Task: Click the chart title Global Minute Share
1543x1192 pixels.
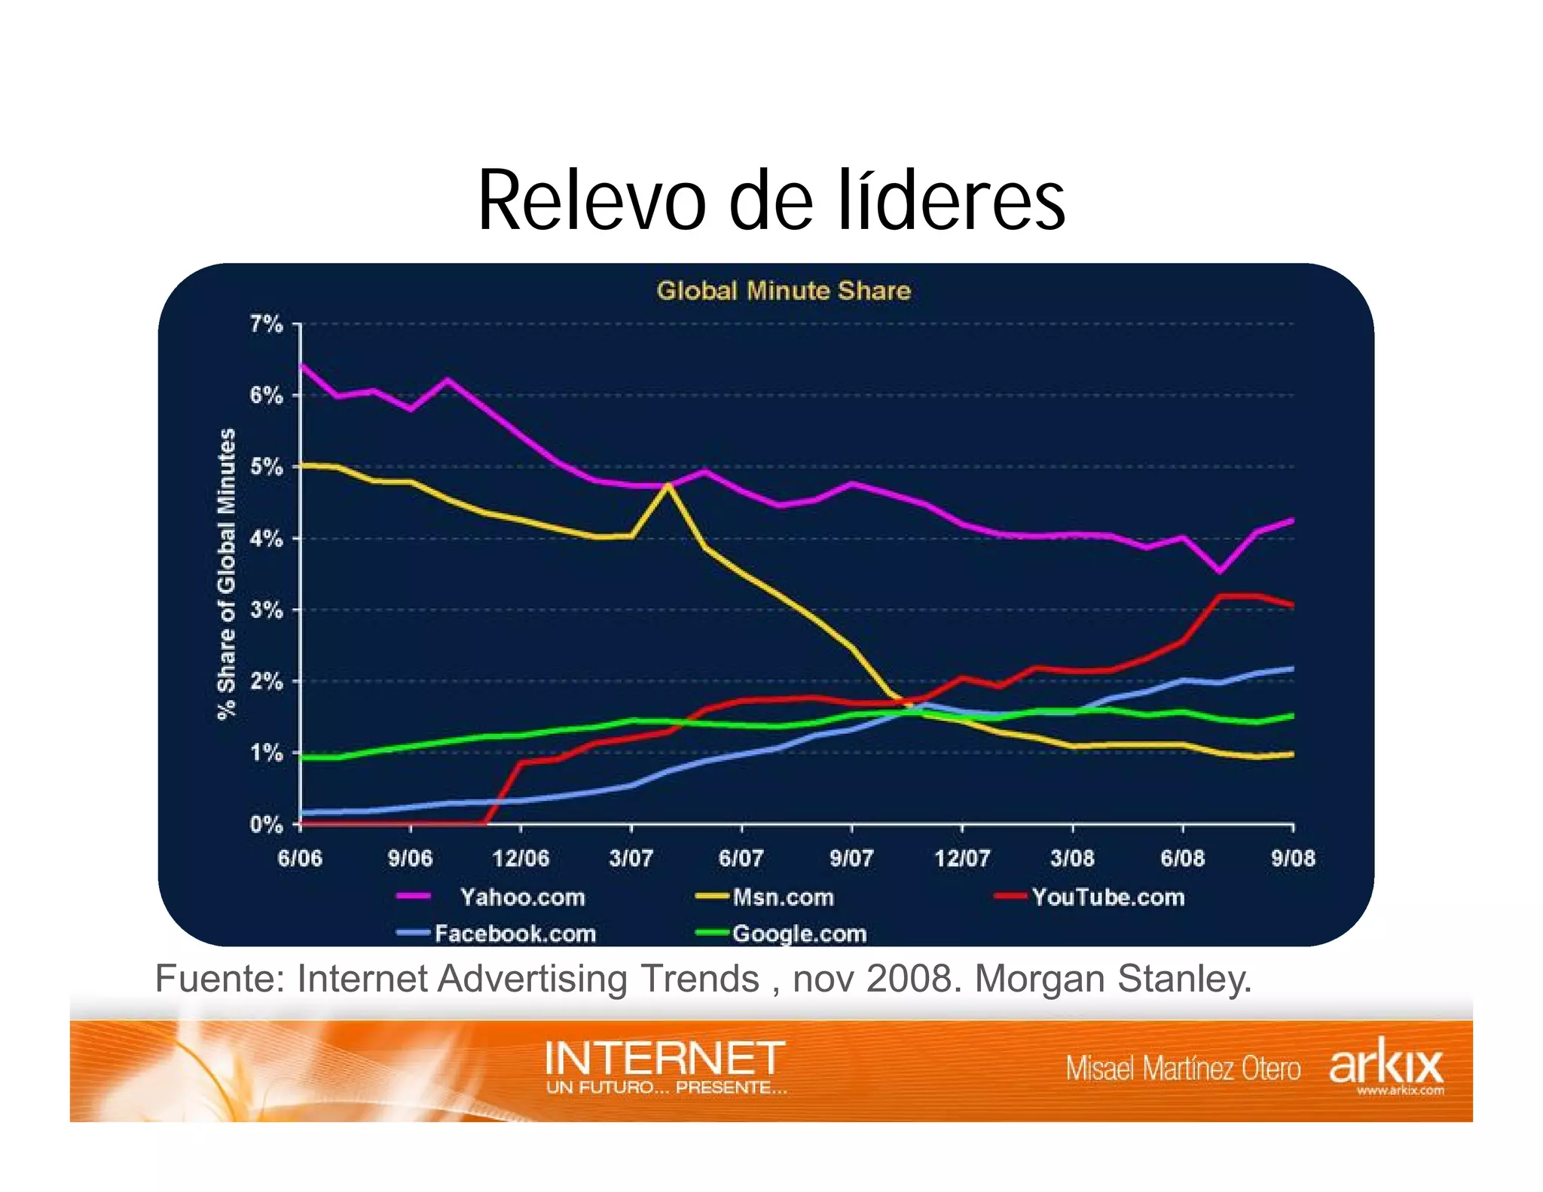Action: tap(784, 291)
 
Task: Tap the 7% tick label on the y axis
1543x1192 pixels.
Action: tap(266, 325)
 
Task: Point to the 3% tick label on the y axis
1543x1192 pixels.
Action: tap(266, 610)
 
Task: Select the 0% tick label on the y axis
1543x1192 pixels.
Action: tap(266, 824)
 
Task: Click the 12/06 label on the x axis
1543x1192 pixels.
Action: tap(521, 858)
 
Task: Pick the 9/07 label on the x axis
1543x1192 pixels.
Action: tap(851, 858)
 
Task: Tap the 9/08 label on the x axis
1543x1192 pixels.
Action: tap(1293, 858)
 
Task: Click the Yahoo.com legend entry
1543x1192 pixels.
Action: tap(521, 897)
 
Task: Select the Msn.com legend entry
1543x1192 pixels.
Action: tap(783, 897)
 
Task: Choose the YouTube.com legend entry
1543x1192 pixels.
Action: tap(1108, 897)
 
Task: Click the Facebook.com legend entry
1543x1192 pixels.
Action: tap(515, 934)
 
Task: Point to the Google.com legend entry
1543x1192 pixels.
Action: tap(799, 934)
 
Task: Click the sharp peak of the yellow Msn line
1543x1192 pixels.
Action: tap(668, 486)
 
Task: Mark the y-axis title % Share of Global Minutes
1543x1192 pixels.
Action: tap(227, 574)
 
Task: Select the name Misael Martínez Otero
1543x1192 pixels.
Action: tap(1183, 1069)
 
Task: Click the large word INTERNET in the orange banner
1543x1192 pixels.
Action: tap(665, 1059)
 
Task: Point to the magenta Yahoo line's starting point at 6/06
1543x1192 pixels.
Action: tap(301, 365)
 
